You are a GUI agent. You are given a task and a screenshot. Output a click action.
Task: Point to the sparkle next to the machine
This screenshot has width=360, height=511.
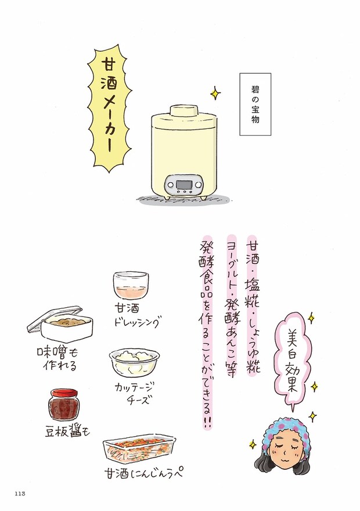(x=215, y=92)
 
